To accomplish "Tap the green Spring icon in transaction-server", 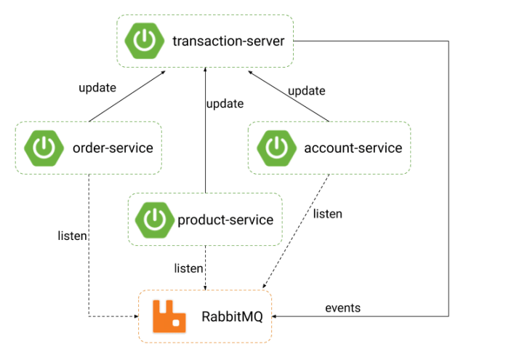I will coord(143,41).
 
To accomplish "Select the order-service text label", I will coord(113,148).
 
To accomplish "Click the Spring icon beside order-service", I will coord(41,148).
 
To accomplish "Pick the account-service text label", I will coord(353,148).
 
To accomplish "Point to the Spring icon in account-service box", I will coord(276,148).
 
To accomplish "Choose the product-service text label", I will coord(225,220).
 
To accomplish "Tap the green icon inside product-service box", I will coord(154,220).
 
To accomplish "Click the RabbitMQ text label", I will coord(227,316).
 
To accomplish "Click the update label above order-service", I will coord(97,89).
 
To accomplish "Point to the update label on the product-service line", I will coord(225,104).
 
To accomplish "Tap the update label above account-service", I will coord(306,91).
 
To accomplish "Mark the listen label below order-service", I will coord(73,236).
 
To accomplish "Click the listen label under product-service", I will coord(188,268).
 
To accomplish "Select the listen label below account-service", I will coord(327,215).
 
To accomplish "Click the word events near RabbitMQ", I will coord(342,308).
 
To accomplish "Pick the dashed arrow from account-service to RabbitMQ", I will coord(294,233).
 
